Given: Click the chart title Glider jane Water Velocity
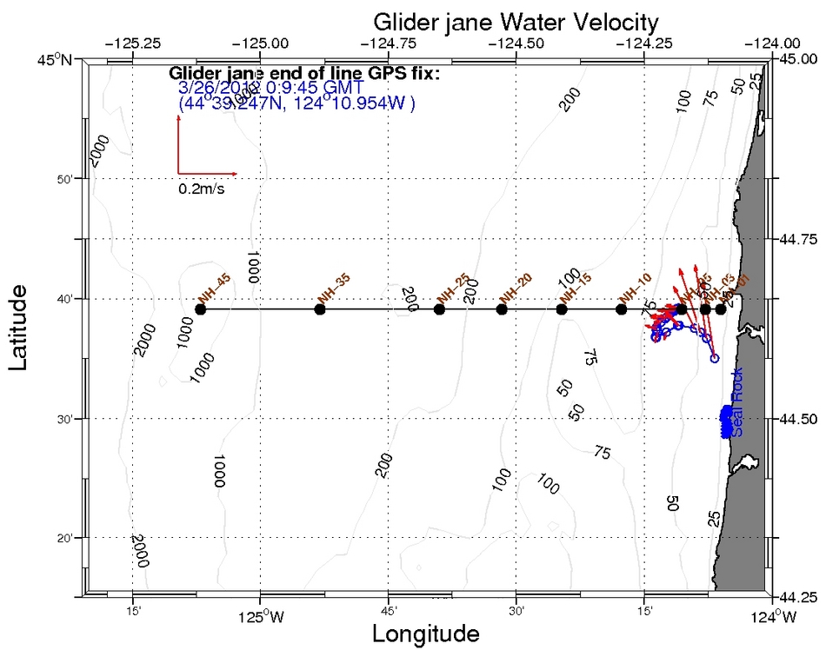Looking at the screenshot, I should point(516,21).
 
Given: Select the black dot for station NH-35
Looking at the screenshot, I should point(320,309).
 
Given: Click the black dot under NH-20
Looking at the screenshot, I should point(502,309).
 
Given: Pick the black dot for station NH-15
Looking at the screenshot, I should point(562,309).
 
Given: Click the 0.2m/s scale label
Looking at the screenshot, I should point(202,189).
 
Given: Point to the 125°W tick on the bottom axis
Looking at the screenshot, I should point(260,618).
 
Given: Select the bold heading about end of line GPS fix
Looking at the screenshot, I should point(304,74).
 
